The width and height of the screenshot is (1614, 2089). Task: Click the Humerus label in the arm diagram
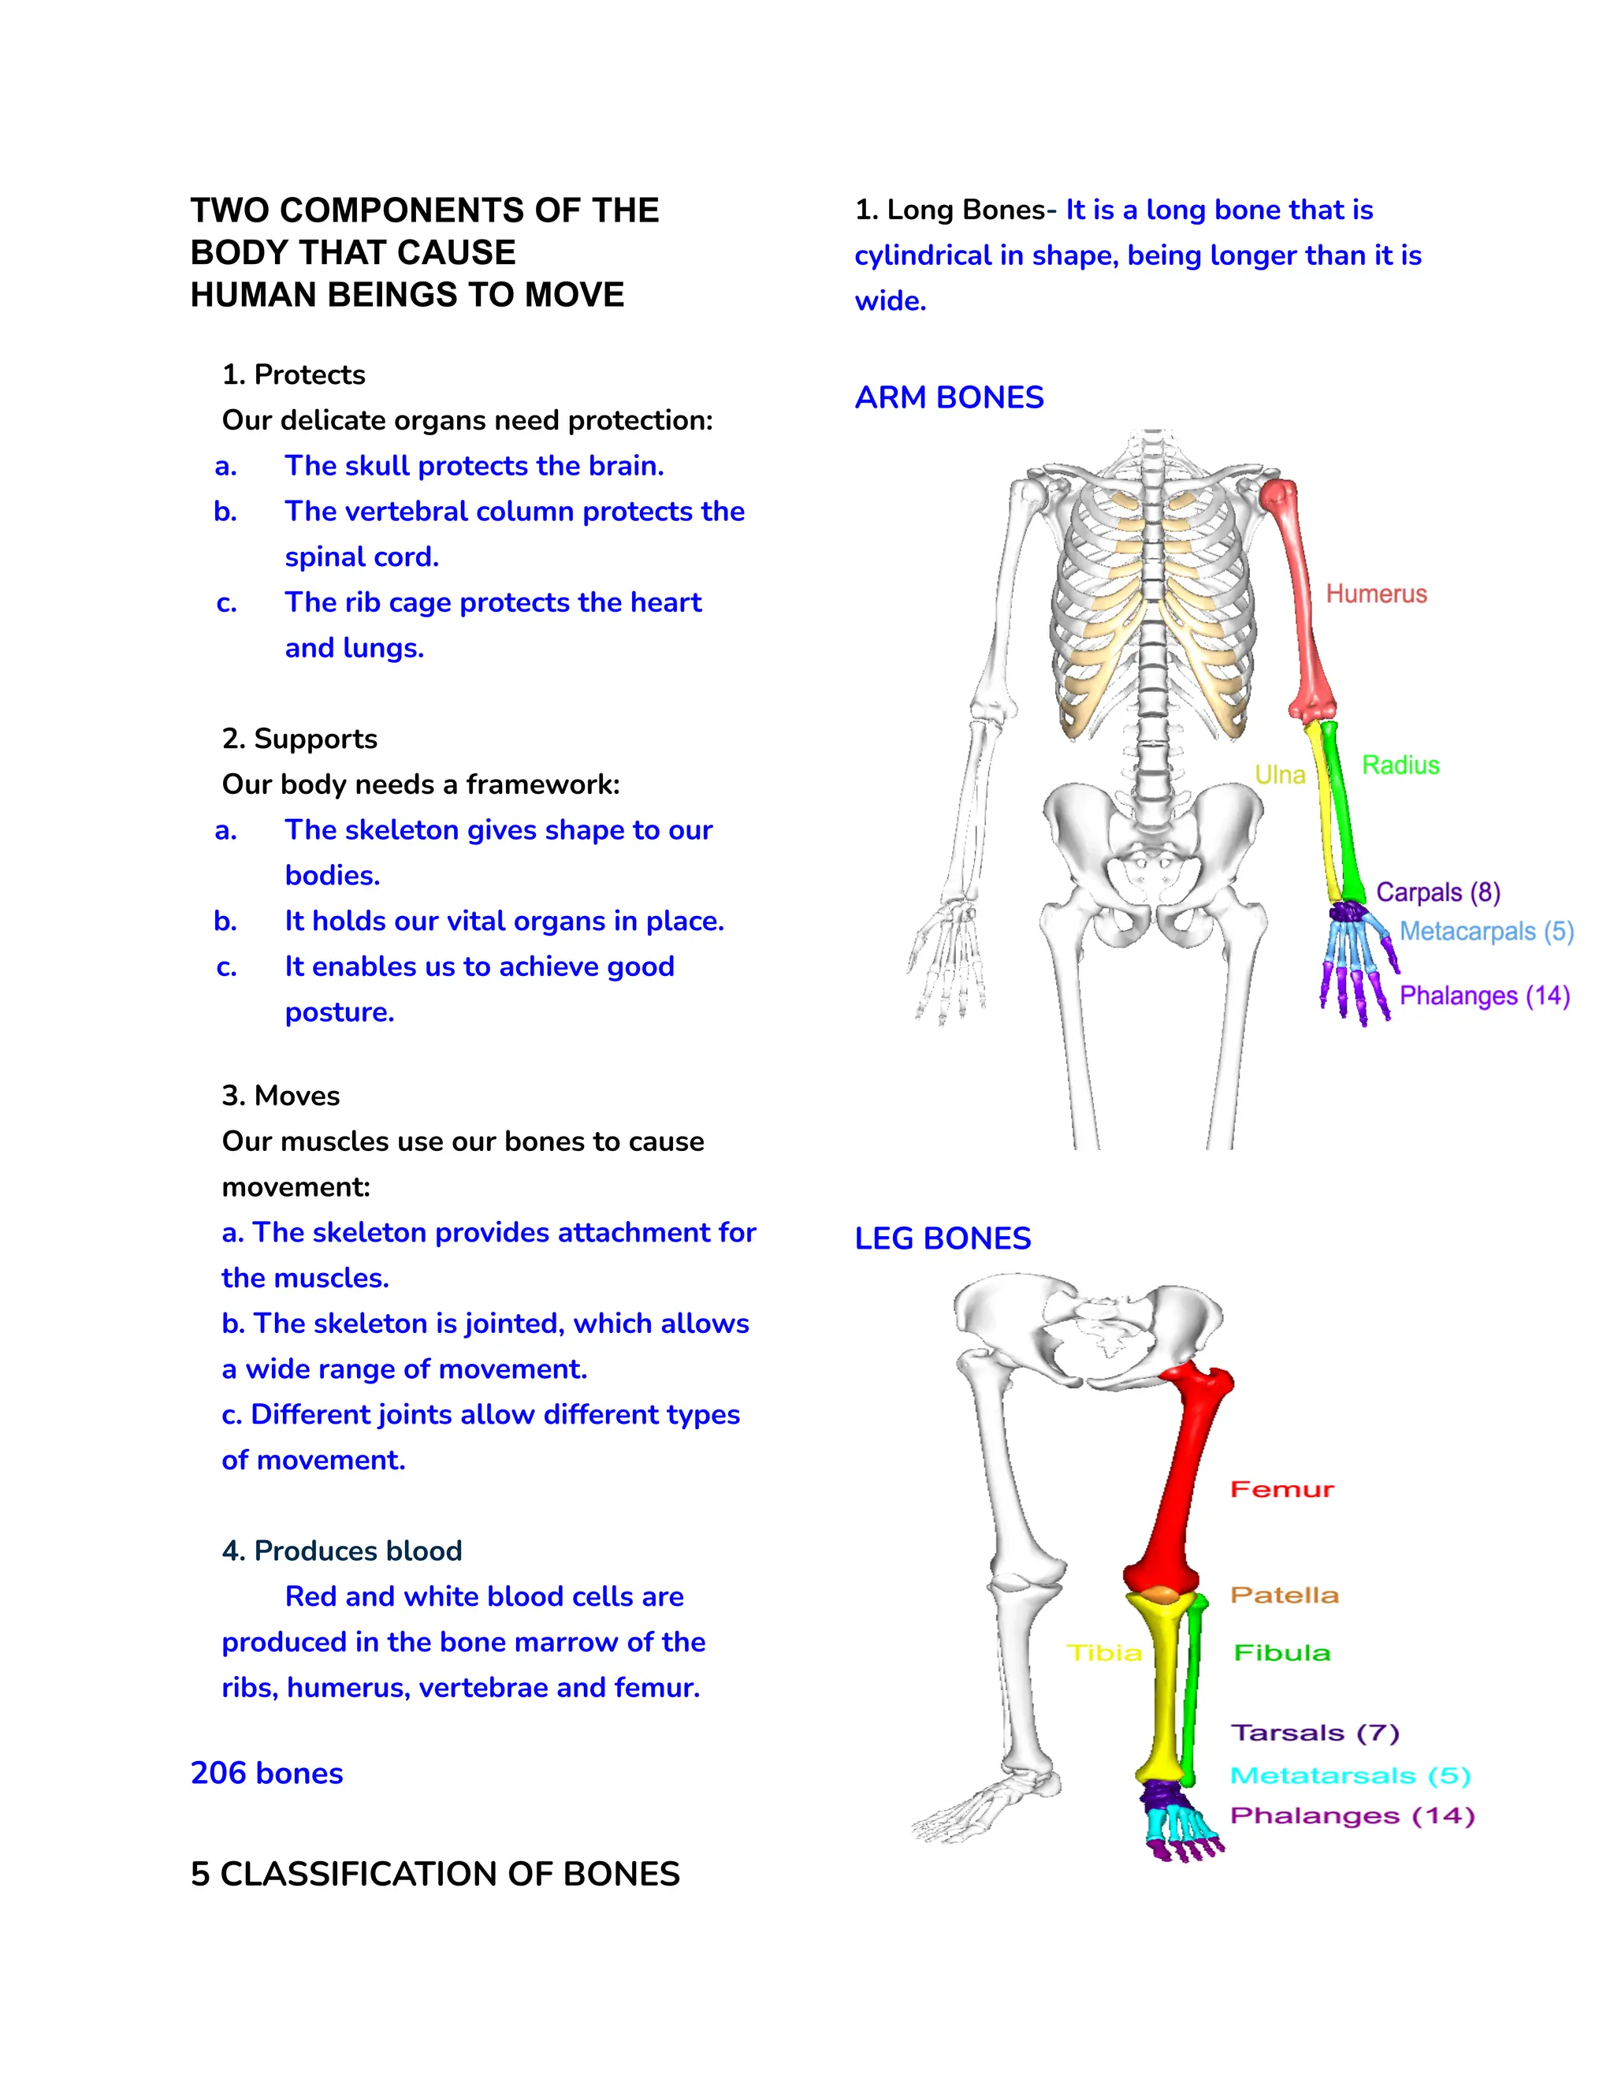tap(1375, 594)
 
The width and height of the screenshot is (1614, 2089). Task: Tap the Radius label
tap(1400, 765)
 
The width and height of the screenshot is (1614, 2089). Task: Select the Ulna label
tap(1279, 775)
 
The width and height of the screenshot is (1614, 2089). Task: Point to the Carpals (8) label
tap(1437, 892)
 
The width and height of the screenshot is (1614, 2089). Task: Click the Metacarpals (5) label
tap(1486, 932)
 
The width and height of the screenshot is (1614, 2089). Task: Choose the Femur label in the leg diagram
tap(1281, 1490)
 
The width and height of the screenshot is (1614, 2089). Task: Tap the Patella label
tap(1284, 1596)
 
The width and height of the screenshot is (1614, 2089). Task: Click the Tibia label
tap(1104, 1653)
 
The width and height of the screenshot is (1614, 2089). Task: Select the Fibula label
tap(1281, 1653)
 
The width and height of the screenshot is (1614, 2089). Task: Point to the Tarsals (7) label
tap(1314, 1733)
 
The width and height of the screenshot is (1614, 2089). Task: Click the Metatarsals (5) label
tap(1349, 1775)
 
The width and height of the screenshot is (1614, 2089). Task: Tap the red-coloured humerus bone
tap(1301, 602)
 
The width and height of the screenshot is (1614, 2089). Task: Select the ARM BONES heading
tap(949, 397)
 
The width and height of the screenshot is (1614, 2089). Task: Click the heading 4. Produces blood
tap(341, 1551)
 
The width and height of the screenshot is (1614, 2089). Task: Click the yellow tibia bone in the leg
tap(1165, 1693)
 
